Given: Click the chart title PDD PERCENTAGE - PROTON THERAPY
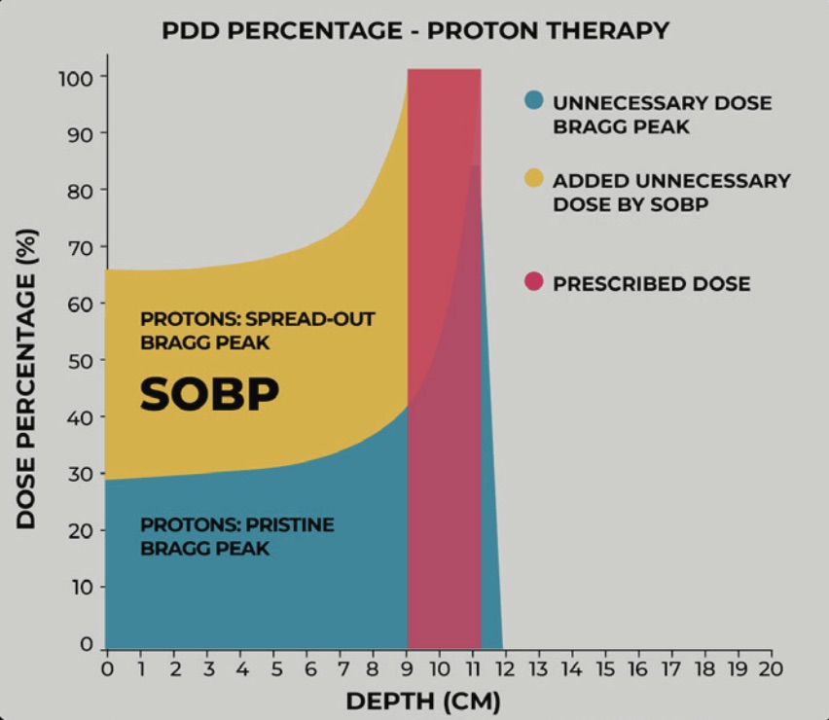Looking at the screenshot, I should (x=415, y=30).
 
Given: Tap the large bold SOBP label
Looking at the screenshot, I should (x=209, y=393).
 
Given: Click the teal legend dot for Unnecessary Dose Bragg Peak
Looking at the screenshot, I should (x=533, y=100).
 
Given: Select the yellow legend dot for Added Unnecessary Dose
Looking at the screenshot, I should (x=533, y=179).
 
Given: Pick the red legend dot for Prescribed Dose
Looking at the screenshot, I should (x=533, y=283).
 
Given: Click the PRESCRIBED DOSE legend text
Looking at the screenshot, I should (x=651, y=284).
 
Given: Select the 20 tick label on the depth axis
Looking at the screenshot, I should (x=769, y=669).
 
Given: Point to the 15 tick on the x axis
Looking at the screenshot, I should (x=604, y=669).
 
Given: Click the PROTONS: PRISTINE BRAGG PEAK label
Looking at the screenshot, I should (x=236, y=536).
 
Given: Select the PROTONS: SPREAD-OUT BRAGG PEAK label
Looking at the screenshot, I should (x=257, y=331).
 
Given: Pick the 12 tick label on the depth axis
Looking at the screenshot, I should (x=504, y=669).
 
